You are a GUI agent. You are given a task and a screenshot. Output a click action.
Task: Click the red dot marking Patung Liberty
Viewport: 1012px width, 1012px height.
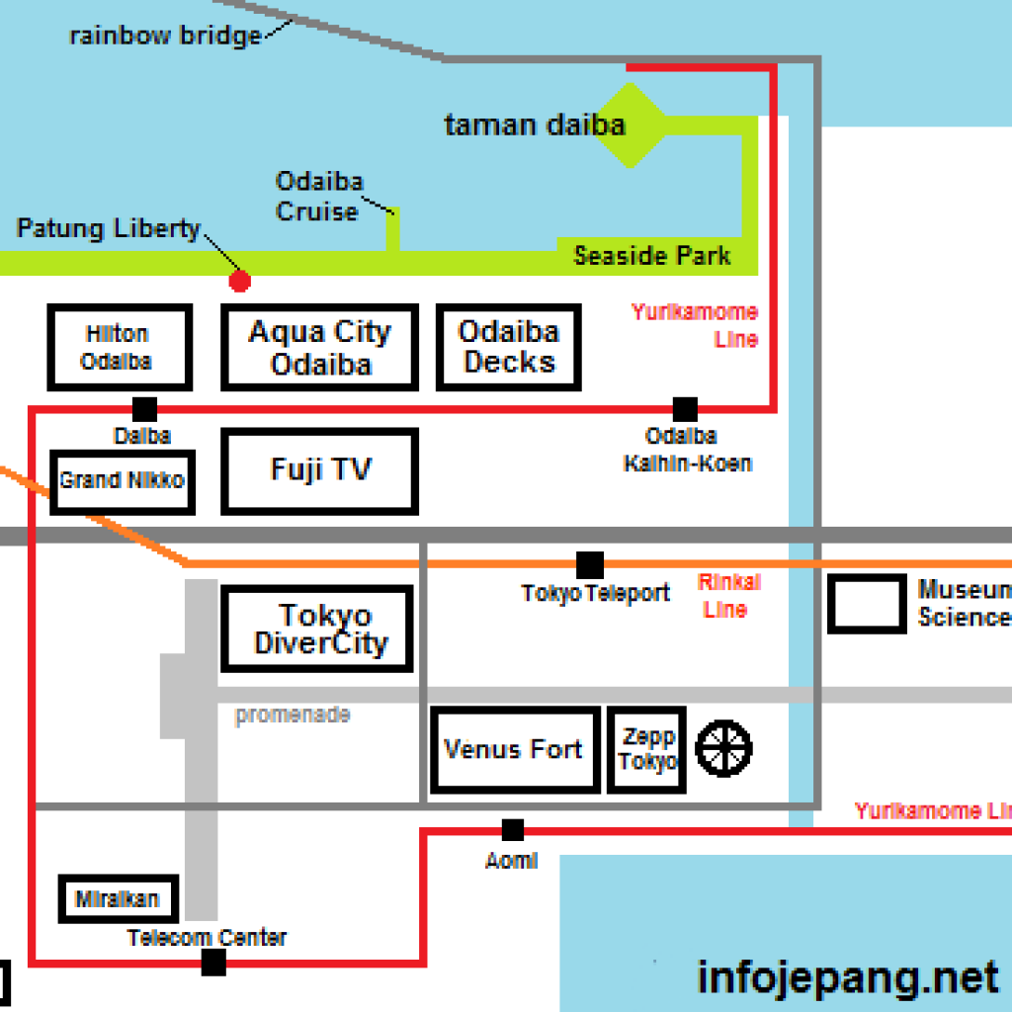click(239, 282)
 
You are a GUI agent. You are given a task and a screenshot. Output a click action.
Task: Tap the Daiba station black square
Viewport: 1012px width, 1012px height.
click(144, 408)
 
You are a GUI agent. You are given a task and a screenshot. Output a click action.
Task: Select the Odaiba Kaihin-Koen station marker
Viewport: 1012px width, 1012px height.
click(685, 408)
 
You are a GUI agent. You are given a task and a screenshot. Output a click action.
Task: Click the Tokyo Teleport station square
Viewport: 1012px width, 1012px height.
click(590, 565)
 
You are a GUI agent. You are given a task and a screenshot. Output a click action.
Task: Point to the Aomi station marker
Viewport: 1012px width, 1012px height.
click(512, 830)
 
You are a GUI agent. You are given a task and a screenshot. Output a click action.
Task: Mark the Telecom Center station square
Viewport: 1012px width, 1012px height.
click(213, 963)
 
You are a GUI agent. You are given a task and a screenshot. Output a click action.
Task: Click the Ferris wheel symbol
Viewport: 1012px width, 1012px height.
click(724, 747)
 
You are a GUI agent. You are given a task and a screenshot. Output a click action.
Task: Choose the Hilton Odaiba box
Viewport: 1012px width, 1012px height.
click(119, 348)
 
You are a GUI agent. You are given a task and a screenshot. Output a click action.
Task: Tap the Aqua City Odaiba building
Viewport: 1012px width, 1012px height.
click(320, 347)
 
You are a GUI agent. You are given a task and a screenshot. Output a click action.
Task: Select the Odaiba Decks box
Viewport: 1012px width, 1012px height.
click(508, 347)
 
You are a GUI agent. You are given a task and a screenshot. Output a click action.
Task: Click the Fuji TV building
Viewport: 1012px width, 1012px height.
click(320, 470)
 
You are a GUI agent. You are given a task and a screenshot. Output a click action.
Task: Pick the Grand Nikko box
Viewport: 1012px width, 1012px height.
click(123, 481)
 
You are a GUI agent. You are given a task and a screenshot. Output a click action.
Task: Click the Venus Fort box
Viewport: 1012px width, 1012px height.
click(515, 749)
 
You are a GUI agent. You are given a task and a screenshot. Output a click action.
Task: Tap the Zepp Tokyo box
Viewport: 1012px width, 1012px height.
click(647, 749)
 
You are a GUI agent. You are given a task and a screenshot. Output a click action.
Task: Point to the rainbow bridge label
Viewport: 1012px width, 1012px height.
click(165, 37)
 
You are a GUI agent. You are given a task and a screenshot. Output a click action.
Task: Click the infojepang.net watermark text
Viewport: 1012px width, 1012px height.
click(847, 977)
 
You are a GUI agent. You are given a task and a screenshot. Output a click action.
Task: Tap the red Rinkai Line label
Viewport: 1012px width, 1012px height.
click(728, 596)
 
